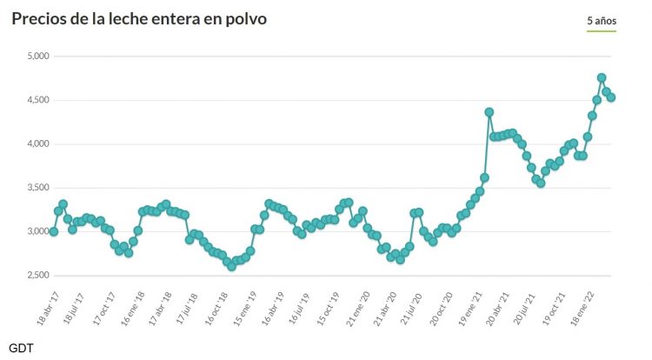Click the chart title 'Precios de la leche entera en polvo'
coord(139,18)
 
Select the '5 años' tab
coord(601,19)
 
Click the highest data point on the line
coord(602,77)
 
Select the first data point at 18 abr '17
coord(54,231)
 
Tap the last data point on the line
coord(612,97)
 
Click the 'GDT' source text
coord(21,347)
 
